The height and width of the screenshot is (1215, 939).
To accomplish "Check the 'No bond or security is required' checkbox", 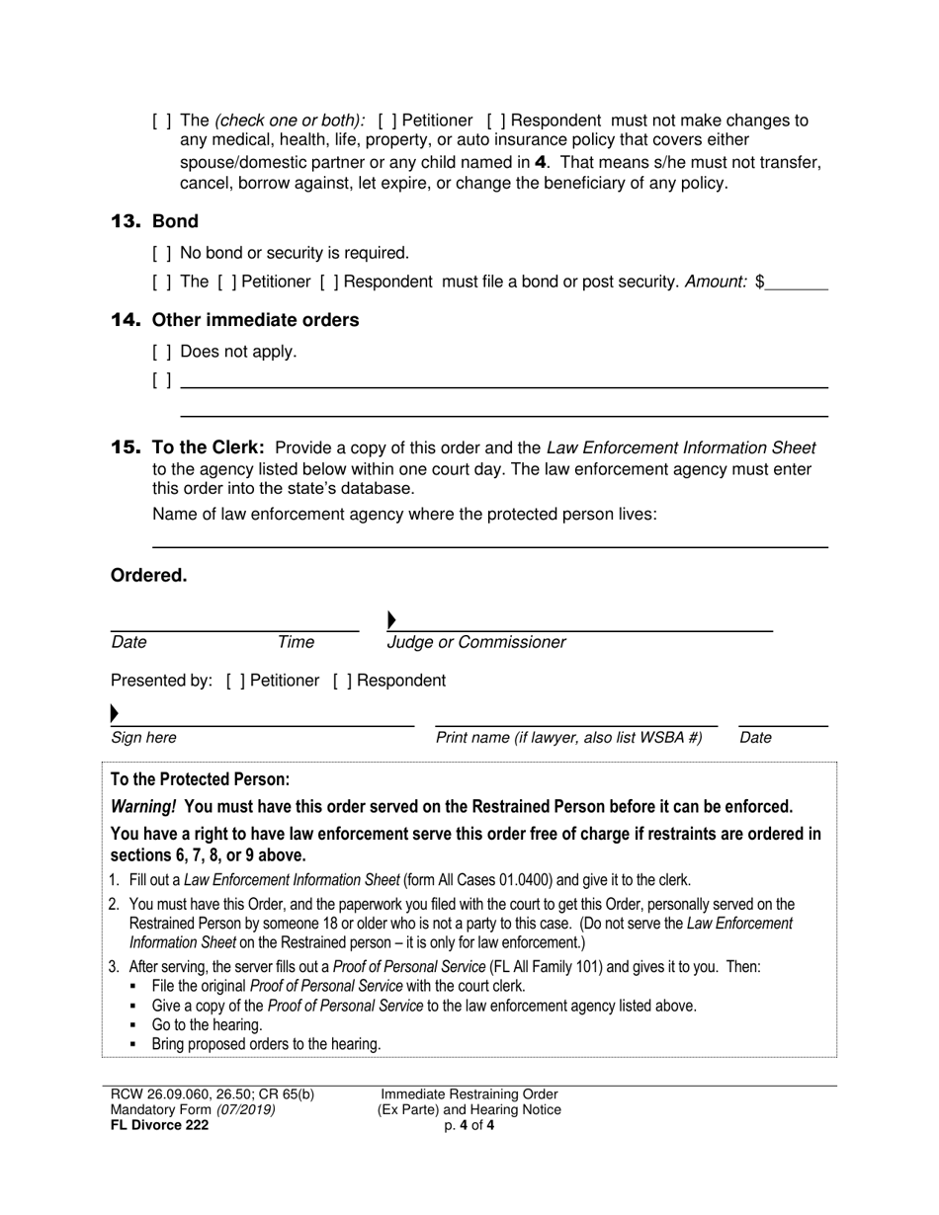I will point(163,254).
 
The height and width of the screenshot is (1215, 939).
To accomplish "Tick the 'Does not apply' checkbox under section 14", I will point(163,352).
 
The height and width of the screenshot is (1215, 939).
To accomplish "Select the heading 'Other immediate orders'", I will point(255,320).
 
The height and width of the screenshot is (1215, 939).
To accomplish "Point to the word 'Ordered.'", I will point(148,576).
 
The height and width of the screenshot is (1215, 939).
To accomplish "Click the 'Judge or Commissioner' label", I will point(476,643).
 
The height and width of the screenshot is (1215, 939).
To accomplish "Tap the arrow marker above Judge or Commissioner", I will point(391,620).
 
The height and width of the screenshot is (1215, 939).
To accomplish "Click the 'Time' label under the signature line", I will point(296,643).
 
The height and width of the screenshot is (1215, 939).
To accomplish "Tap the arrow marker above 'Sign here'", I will point(115,713).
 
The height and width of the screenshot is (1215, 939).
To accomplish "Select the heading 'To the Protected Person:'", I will point(200,779).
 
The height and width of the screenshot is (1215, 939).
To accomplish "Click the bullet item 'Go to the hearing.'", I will point(207,1025).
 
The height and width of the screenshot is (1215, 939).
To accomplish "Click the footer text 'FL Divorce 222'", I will point(159,1124).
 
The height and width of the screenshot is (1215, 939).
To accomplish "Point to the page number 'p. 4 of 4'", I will point(469,1124).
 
